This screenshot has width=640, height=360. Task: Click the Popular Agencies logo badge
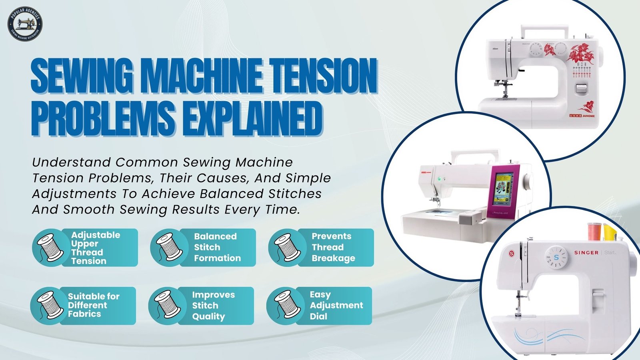coord(25,24)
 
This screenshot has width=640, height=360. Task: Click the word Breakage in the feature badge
coord(333,258)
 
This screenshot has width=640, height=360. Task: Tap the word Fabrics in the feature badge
coord(84,314)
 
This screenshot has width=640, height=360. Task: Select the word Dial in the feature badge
coord(318,316)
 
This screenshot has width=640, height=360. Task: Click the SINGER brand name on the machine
coord(586,253)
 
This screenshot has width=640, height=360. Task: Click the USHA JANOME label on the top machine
coord(582,116)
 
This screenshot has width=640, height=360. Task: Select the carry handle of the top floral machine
coord(544,30)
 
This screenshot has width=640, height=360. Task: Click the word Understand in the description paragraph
coord(71,162)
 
